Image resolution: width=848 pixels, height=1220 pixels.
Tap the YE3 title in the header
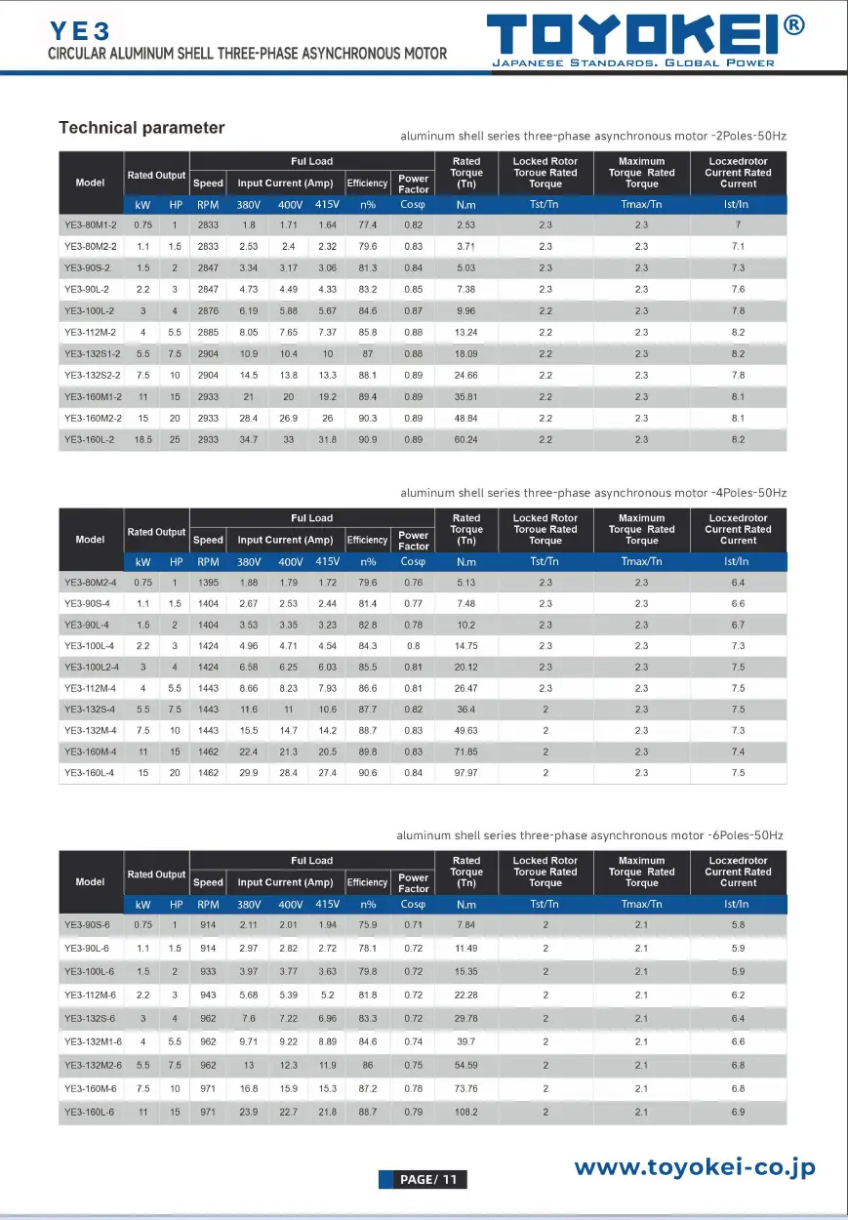[81, 30]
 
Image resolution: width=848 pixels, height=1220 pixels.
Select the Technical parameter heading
[141, 128]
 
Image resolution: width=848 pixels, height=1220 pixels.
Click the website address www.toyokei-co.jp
[694, 1167]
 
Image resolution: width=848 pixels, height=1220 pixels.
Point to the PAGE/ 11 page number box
[423, 1180]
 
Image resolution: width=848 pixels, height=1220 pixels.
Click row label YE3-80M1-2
[90, 225]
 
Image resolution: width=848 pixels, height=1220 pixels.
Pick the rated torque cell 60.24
[465, 440]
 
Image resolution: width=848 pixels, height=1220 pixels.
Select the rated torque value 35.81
[465, 397]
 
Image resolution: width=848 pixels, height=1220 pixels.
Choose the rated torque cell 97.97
[465, 773]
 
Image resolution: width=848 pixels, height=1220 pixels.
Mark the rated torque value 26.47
[465, 689]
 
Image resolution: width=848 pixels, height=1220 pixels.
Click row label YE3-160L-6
[89, 1113]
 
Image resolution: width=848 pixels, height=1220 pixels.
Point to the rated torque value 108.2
[465, 1113]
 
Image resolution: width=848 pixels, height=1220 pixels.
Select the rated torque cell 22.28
[465, 996]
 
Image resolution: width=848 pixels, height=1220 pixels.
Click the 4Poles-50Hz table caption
[592, 494]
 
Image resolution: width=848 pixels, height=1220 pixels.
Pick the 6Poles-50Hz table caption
[589, 836]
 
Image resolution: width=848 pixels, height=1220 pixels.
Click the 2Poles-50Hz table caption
[592, 137]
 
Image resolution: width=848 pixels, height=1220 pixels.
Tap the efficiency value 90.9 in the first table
[368, 440]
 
